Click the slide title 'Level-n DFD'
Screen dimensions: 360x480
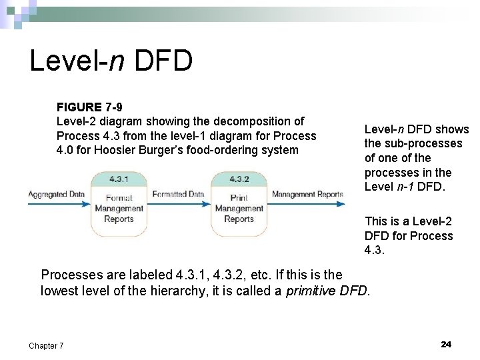[111, 61]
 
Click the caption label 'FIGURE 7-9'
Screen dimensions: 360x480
[89, 107]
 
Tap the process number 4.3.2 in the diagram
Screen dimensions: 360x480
[239, 179]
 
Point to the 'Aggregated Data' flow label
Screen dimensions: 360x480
[57, 194]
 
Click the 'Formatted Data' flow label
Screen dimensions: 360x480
[178, 194]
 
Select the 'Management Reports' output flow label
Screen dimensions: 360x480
[307, 194]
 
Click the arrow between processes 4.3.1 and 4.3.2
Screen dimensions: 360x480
[178, 203]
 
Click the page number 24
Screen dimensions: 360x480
[446, 344]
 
